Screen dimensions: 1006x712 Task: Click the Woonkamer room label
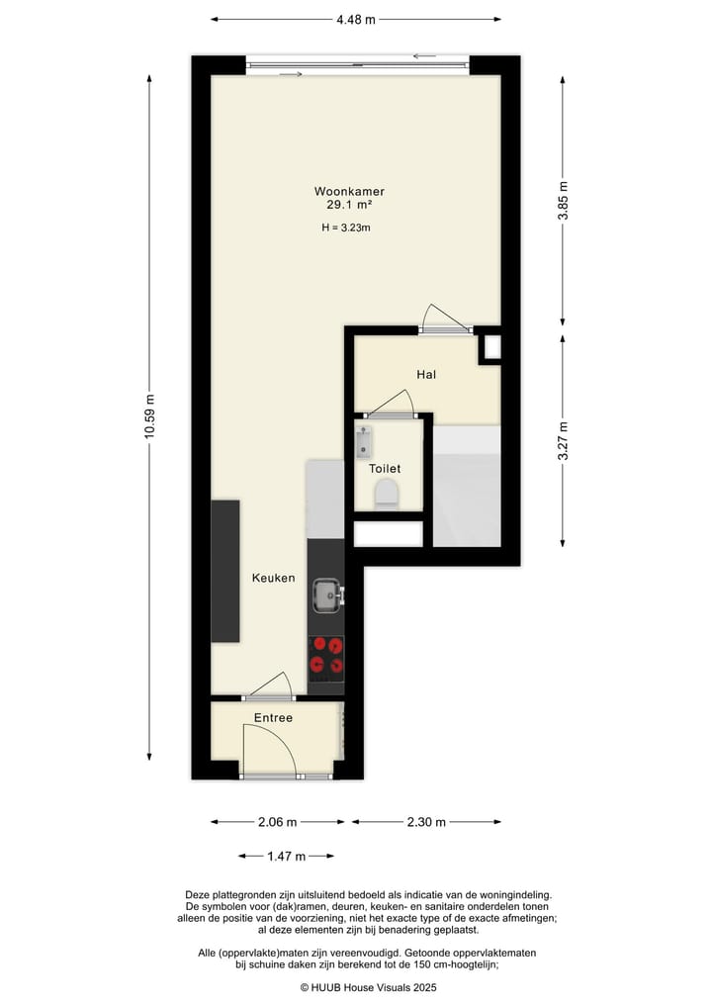(349, 191)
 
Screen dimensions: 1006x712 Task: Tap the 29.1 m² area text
(349, 206)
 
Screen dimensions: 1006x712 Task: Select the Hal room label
(426, 375)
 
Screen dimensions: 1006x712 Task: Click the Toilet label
(385, 469)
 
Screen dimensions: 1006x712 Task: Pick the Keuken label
(273, 578)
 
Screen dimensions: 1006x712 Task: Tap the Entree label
(273, 717)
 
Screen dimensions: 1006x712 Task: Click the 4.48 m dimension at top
(356, 19)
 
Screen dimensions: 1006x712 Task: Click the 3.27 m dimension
(563, 442)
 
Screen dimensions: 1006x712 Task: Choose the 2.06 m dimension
(278, 822)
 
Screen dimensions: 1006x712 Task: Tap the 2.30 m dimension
(426, 822)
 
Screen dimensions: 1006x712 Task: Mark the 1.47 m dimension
(286, 856)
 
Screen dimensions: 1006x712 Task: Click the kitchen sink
(326, 594)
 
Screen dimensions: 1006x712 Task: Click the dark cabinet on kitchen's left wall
(225, 571)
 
